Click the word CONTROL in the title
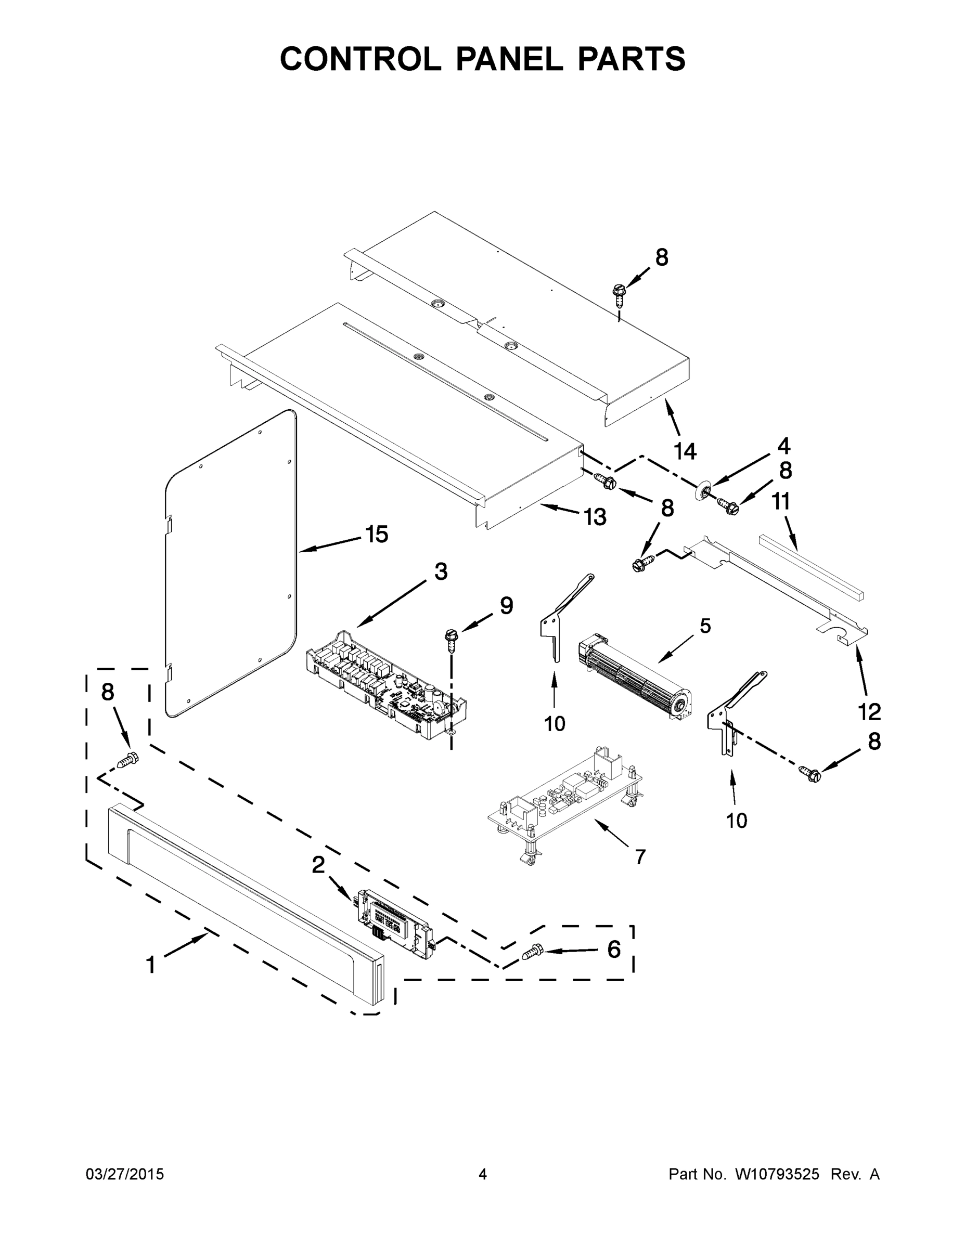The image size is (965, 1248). tap(360, 58)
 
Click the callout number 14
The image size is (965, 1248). tap(685, 451)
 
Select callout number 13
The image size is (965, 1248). tap(595, 517)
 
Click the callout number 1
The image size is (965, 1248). tap(150, 965)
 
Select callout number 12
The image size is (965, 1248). tap(869, 712)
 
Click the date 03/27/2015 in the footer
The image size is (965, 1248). tap(125, 1174)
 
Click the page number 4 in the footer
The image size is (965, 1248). tap(483, 1174)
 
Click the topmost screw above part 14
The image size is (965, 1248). tap(618, 292)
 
